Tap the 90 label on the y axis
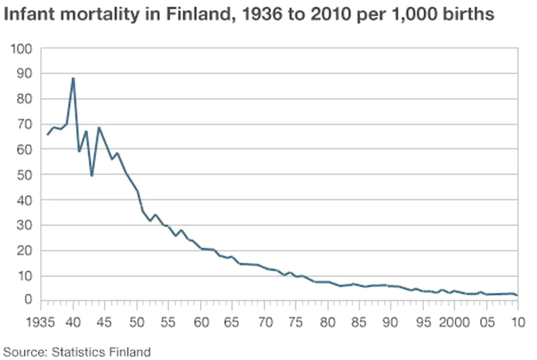point(25,74)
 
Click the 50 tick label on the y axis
point(25,175)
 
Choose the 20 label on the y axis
point(25,250)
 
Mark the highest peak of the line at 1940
point(73,78)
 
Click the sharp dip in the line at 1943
point(92,176)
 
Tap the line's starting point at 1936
point(47,135)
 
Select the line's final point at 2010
point(517,295)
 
